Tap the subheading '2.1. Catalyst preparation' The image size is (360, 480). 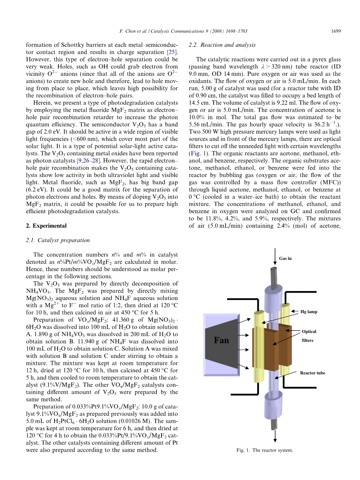pyautogui.click(x=58, y=240)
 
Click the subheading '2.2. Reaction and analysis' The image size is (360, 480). pyautogui.click(x=222, y=45)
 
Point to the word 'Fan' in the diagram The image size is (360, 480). pyautogui.click(x=221, y=340)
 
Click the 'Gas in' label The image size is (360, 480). pyautogui.click(x=285, y=258)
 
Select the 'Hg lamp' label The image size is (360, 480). pyautogui.click(x=309, y=312)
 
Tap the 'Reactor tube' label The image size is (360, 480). pyautogui.click(x=312, y=373)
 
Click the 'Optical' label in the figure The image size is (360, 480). pyautogui.click(x=309, y=331)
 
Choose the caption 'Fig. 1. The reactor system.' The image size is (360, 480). pyautogui.click(x=264, y=450)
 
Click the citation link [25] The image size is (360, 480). pyautogui.click(x=172, y=52)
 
